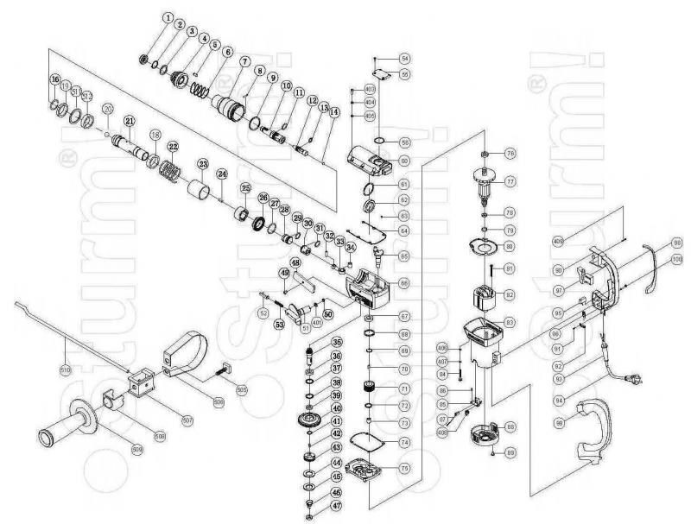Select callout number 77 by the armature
[510, 181]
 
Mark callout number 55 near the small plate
[404, 75]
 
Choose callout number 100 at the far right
[676, 258]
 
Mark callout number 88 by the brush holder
[511, 426]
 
